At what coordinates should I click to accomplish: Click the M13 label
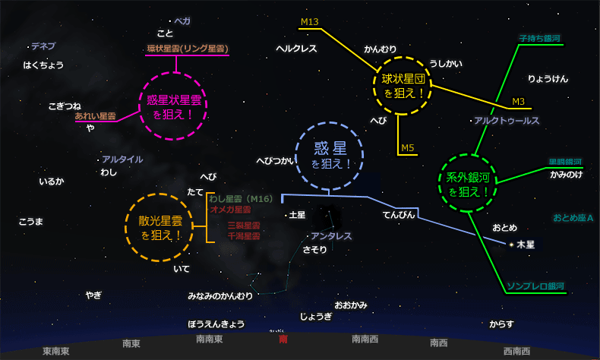[x=309, y=23]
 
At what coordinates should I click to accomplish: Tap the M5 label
[x=408, y=147]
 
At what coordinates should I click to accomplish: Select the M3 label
[x=519, y=102]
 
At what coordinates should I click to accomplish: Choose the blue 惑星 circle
[x=331, y=155]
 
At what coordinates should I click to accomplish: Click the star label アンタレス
[x=331, y=236]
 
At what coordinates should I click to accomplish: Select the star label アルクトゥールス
[x=507, y=121]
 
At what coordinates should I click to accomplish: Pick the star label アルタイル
[x=122, y=159]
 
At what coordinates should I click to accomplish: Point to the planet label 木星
[x=526, y=245]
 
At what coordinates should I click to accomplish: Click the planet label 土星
[x=297, y=216]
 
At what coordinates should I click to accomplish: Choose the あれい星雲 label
[x=95, y=117]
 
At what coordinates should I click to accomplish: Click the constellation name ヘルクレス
[x=296, y=49]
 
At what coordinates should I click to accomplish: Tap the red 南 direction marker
[x=283, y=339]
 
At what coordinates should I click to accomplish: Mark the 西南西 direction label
[x=516, y=351]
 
